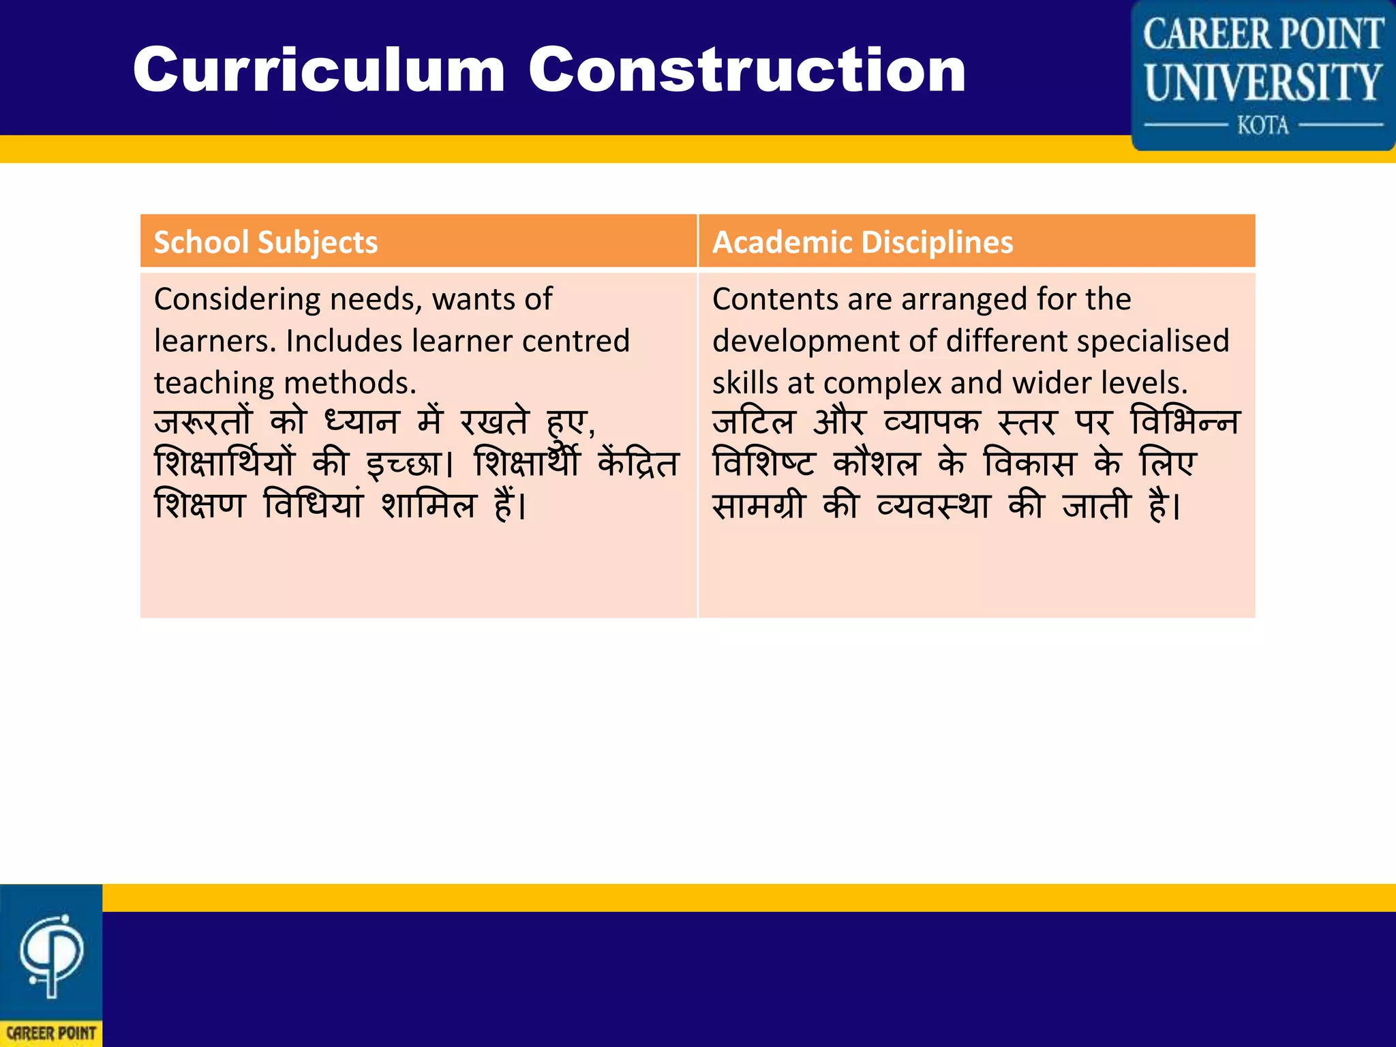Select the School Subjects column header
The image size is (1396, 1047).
click(x=266, y=243)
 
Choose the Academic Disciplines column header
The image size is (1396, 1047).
click(x=862, y=243)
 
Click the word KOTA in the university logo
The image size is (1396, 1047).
click(x=1262, y=125)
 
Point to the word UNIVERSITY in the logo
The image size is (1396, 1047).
click(x=1262, y=82)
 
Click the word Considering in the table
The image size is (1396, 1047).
click(x=237, y=300)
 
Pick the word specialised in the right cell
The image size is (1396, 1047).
click(x=1153, y=342)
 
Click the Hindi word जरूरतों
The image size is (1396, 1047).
click(x=203, y=422)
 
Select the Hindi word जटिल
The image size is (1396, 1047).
click(x=754, y=422)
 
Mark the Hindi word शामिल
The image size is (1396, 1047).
click(x=428, y=506)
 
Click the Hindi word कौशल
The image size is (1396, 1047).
click(x=876, y=464)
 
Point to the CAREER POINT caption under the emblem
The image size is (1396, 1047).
click(x=51, y=1033)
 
